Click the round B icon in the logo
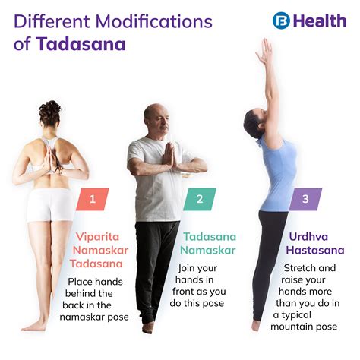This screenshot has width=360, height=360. click(283, 21)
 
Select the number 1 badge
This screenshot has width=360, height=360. click(92, 200)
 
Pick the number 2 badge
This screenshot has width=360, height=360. click(200, 200)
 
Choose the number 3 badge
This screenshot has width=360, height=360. click(305, 200)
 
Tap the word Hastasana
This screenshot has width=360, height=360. click(311, 249)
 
